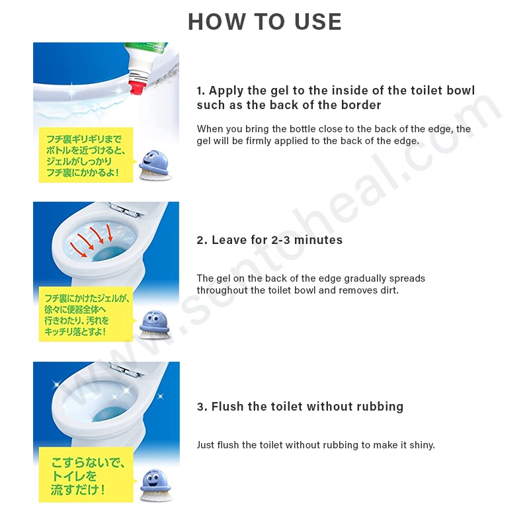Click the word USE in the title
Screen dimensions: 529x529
click(318, 22)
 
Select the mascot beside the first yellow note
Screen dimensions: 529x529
click(155, 165)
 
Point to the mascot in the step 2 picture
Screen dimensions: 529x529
click(155, 324)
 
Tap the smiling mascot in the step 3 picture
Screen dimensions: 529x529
click(155, 485)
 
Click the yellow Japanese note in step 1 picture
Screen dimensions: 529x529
click(86, 155)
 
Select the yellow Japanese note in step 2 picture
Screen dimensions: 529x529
click(86, 314)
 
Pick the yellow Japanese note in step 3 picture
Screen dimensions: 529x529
click(86, 475)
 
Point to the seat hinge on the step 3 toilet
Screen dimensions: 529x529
click(126, 370)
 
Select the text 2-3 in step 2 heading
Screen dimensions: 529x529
click(280, 240)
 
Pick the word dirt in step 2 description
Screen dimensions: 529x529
click(389, 290)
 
